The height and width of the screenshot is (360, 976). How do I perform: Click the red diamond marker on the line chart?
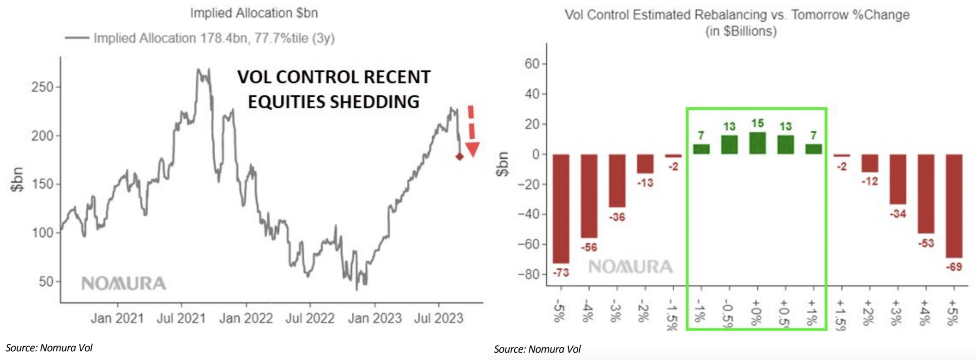click(459, 156)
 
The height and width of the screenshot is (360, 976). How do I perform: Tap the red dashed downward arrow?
click(472, 133)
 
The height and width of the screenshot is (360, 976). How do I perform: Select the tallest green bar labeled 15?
click(757, 143)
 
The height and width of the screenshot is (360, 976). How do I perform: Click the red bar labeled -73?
click(561, 208)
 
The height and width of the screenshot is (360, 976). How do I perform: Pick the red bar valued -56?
click(589, 195)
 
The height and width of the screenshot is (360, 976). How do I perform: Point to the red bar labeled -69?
click(954, 206)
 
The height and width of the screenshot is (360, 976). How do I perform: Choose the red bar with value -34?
click(898, 179)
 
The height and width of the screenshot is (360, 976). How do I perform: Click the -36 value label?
click(617, 218)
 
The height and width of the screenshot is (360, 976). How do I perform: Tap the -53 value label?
click(926, 243)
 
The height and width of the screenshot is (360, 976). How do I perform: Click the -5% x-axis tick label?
click(557, 311)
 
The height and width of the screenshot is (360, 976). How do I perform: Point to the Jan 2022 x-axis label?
click(246, 318)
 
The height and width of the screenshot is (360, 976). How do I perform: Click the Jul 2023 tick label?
click(439, 318)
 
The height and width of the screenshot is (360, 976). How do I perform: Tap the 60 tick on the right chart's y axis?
click(532, 64)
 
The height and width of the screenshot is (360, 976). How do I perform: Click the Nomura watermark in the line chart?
click(124, 283)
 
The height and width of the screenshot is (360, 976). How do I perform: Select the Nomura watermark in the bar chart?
click(630, 267)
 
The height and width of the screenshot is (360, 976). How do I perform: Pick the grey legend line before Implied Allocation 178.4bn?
click(77, 38)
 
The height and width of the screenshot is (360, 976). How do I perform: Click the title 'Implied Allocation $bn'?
click(254, 13)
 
